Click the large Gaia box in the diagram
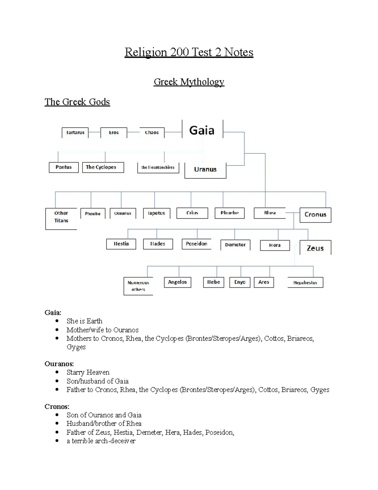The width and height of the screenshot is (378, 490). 202,130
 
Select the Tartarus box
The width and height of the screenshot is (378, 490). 75,133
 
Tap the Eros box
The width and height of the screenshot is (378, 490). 114,133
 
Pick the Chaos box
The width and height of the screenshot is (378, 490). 152,133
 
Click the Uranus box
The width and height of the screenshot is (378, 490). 205,170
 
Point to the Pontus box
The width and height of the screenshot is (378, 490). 64,167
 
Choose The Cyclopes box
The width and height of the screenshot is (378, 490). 103,167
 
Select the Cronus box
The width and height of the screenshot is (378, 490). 315,215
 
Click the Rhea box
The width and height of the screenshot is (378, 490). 270,213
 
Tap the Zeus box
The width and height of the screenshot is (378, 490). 315,248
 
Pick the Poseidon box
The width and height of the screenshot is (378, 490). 197,244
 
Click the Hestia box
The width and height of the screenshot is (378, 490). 121,244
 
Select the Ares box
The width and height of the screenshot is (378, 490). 264,282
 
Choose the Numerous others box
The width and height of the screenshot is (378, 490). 138,286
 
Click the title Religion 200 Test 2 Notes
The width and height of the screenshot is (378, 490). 189,52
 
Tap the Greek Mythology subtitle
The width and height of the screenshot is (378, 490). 189,82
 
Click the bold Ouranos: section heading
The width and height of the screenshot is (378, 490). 59,364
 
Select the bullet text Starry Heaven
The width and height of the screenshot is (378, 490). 88,372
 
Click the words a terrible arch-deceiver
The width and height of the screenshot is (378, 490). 101,441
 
